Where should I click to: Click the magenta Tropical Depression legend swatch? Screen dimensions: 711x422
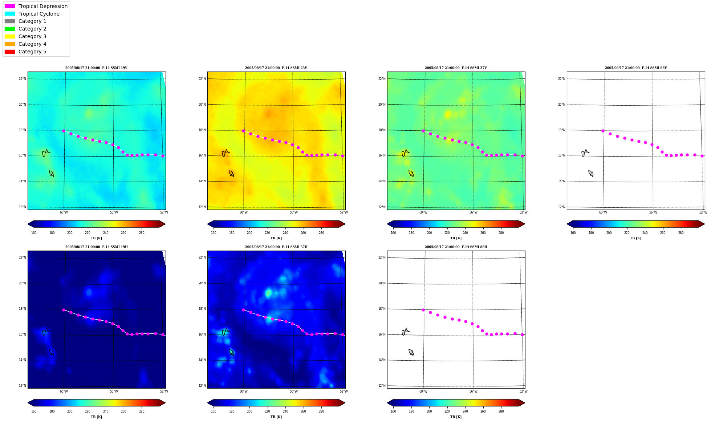(10, 6)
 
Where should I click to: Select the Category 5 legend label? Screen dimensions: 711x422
(32, 52)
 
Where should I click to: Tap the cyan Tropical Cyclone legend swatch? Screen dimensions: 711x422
(10, 14)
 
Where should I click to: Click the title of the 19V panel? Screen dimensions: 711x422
(96, 68)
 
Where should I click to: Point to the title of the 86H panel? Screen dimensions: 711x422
(456, 247)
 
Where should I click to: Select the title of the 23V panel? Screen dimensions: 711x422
(276, 68)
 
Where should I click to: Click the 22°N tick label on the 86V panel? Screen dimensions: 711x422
(561, 79)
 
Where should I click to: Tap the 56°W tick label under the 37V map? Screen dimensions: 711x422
(473, 212)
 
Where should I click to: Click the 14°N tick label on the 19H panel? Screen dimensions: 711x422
(23, 360)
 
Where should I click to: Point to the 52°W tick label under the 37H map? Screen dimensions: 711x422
(344, 391)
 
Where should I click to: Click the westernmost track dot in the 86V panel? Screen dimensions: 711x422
(603, 131)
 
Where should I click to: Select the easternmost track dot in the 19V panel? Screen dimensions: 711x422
(163, 156)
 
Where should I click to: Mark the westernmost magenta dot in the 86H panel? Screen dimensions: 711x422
(423, 310)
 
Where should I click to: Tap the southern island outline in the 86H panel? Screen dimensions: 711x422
(411, 352)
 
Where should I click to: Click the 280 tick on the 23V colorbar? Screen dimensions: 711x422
(321, 233)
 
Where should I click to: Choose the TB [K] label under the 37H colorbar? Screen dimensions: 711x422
(276, 417)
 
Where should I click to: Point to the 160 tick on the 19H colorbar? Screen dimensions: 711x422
(34, 411)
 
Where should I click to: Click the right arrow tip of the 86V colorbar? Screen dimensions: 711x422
(704, 224)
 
